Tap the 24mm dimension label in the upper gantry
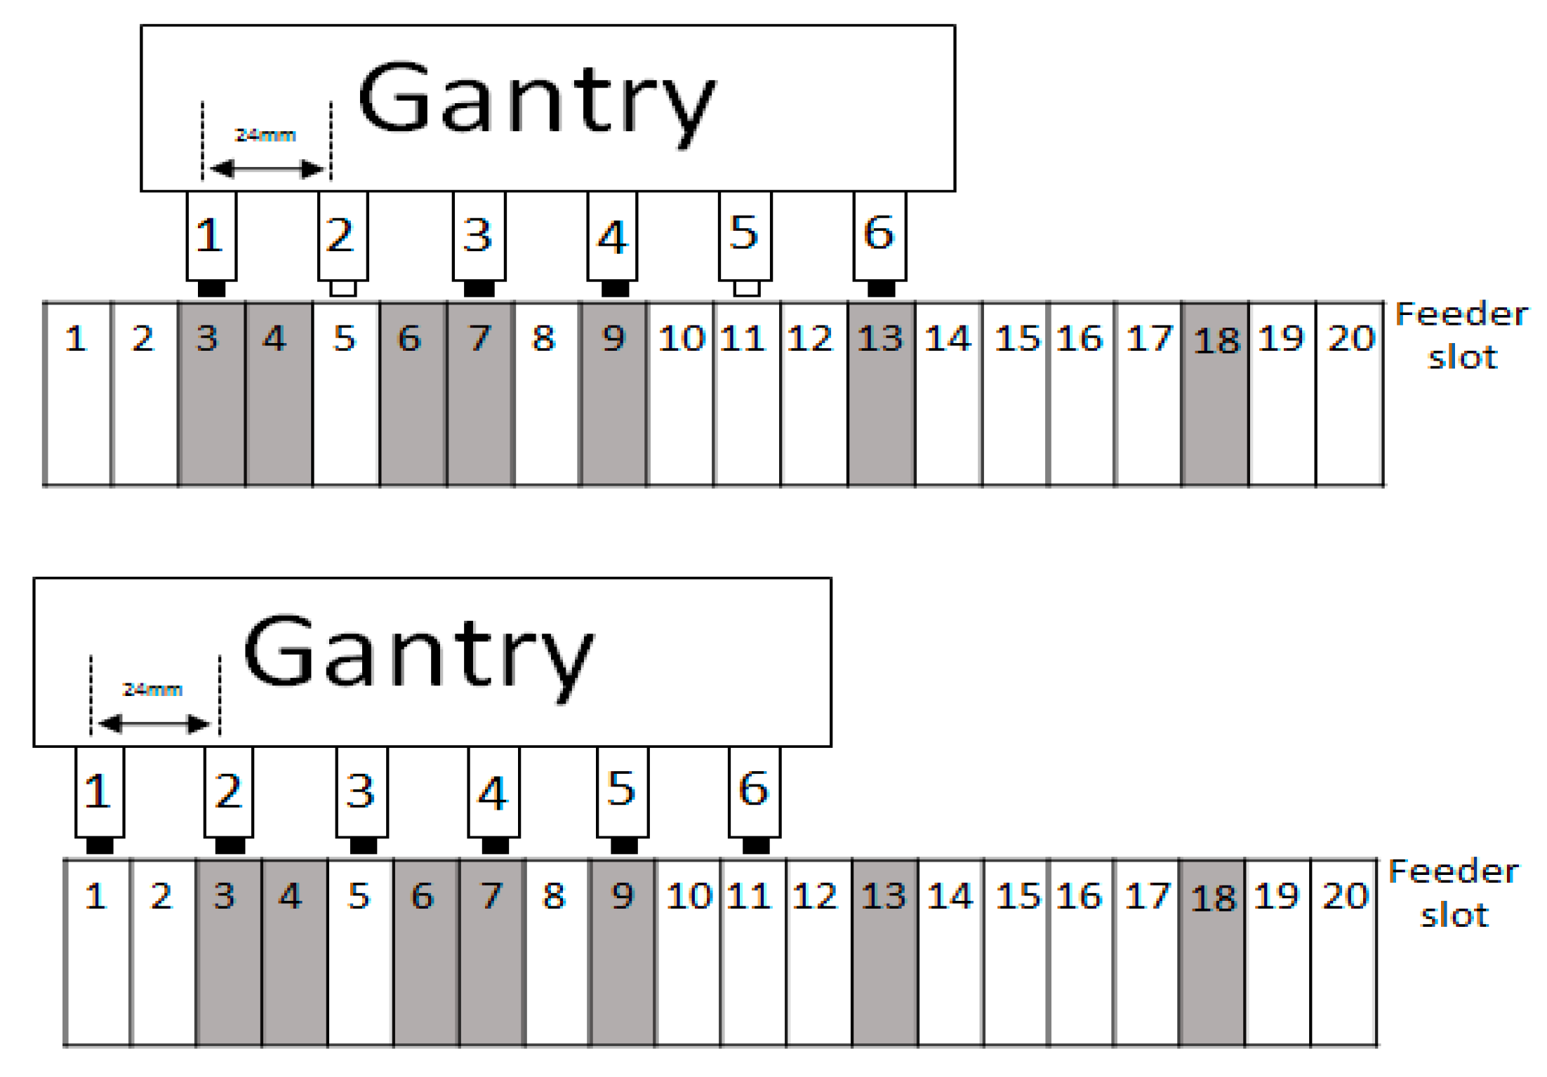pyautogui.click(x=265, y=135)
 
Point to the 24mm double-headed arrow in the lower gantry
pyautogui.click(x=154, y=723)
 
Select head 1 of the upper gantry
pyautogui.click(x=211, y=236)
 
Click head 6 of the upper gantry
pyautogui.click(x=879, y=236)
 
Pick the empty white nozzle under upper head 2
pyautogui.click(x=343, y=288)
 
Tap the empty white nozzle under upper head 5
pyautogui.click(x=747, y=288)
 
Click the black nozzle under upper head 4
pyautogui.click(x=615, y=288)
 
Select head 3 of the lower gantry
pyautogui.click(x=361, y=791)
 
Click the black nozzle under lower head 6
pyautogui.click(x=756, y=845)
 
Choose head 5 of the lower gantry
pyautogui.click(x=623, y=791)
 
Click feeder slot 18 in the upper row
pyautogui.click(x=1215, y=394)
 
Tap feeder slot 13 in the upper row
pyautogui.click(x=882, y=394)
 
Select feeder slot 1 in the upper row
pyautogui.click(x=77, y=394)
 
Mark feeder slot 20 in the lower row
pyautogui.click(x=1343, y=952)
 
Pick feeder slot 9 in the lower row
pyautogui.click(x=622, y=952)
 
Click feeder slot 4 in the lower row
pyautogui.click(x=294, y=952)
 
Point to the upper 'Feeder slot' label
pyautogui.click(x=1461, y=335)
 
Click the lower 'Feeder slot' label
pyautogui.click(x=1454, y=893)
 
